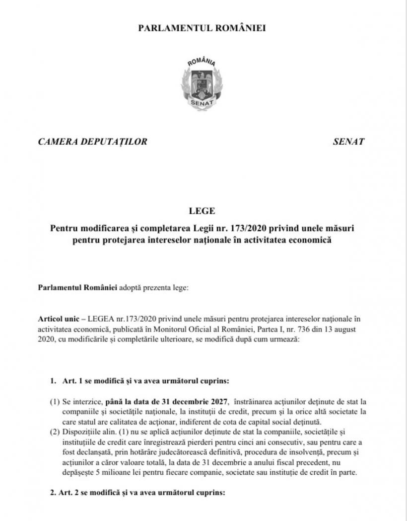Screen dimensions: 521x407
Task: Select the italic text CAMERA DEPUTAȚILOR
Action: tap(92, 142)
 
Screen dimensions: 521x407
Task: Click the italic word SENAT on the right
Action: tap(348, 142)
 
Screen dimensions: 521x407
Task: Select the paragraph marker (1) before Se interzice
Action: tap(55, 402)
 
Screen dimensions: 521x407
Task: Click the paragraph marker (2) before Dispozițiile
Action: tap(55, 431)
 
